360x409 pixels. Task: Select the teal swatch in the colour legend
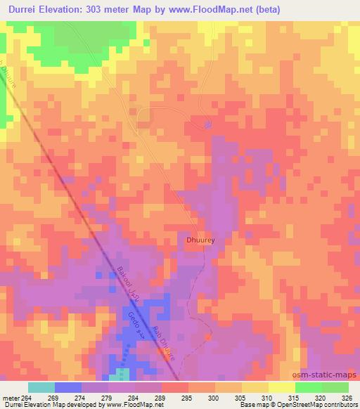point(41,388)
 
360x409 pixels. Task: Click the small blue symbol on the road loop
point(207,124)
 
